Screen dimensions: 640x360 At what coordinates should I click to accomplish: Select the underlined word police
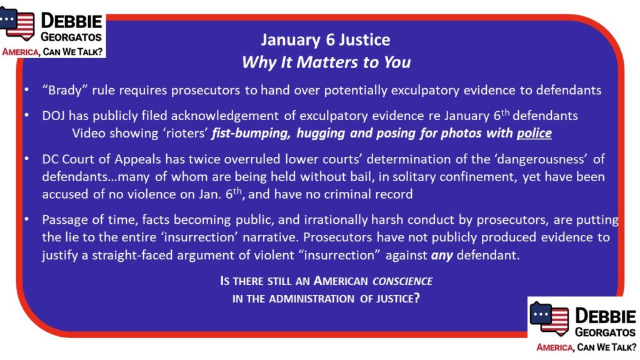coord(534,133)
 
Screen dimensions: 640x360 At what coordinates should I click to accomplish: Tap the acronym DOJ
coord(53,116)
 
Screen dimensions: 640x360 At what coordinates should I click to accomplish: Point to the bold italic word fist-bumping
coord(251,134)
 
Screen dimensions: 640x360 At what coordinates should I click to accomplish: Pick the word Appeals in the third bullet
coord(137,159)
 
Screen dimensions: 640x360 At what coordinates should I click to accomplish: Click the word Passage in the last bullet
coord(65,220)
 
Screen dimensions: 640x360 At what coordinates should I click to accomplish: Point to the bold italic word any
coord(442,256)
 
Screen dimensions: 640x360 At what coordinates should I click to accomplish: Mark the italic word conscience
coord(402,281)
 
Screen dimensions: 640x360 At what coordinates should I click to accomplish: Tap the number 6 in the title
coord(329,40)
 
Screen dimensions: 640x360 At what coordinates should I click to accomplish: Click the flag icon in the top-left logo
coord(17,24)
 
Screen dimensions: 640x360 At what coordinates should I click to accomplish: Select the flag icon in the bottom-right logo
coord(549,319)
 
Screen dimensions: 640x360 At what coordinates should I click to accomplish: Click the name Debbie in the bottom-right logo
coord(605,316)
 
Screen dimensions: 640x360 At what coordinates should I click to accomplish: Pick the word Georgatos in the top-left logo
coord(71,37)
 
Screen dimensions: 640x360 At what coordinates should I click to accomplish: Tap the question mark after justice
coord(416,298)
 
